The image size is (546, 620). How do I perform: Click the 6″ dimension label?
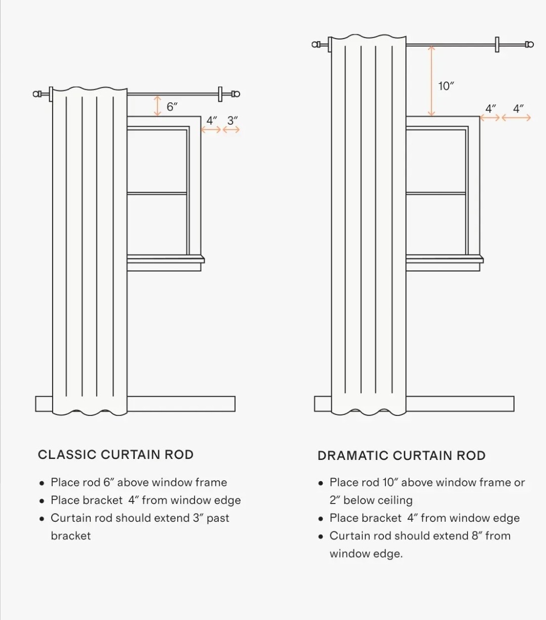(x=172, y=106)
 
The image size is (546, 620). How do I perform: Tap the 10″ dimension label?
(x=446, y=86)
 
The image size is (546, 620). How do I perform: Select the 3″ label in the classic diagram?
(x=232, y=121)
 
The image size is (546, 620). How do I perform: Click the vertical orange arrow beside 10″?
(x=431, y=81)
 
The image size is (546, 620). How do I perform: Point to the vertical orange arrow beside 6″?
(x=158, y=106)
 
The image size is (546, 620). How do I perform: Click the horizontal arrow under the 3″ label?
(x=231, y=130)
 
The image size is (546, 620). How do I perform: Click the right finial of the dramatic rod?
(x=529, y=45)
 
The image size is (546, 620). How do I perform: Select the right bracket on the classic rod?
(x=220, y=94)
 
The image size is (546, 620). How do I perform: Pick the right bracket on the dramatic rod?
(x=497, y=45)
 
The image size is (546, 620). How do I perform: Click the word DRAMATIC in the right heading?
(x=353, y=456)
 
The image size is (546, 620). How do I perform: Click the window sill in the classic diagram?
(x=166, y=260)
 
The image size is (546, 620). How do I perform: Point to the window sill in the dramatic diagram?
(x=445, y=260)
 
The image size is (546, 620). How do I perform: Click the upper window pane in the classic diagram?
(x=157, y=161)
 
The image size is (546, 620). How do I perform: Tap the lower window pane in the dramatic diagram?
(x=436, y=224)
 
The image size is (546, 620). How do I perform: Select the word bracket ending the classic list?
(x=71, y=536)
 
